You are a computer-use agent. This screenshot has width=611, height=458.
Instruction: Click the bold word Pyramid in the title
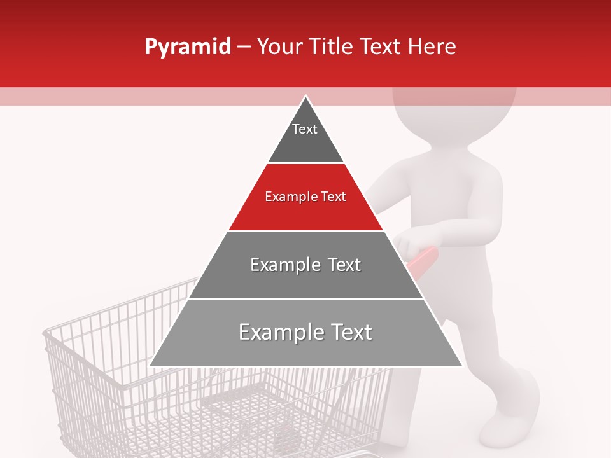point(187,47)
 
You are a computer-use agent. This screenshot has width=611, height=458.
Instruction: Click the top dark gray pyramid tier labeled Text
point(305,137)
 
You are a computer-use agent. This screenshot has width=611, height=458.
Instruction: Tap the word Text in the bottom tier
point(348,332)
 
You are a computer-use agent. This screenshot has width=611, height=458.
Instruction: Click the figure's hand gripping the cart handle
point(414,242)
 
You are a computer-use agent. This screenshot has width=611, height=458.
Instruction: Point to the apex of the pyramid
point(305,97)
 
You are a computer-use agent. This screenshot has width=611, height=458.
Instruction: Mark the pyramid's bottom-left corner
point(151,365)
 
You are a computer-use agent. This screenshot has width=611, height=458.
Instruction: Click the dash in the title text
point(244,47)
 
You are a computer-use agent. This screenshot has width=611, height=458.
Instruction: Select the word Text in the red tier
point(333,197)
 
